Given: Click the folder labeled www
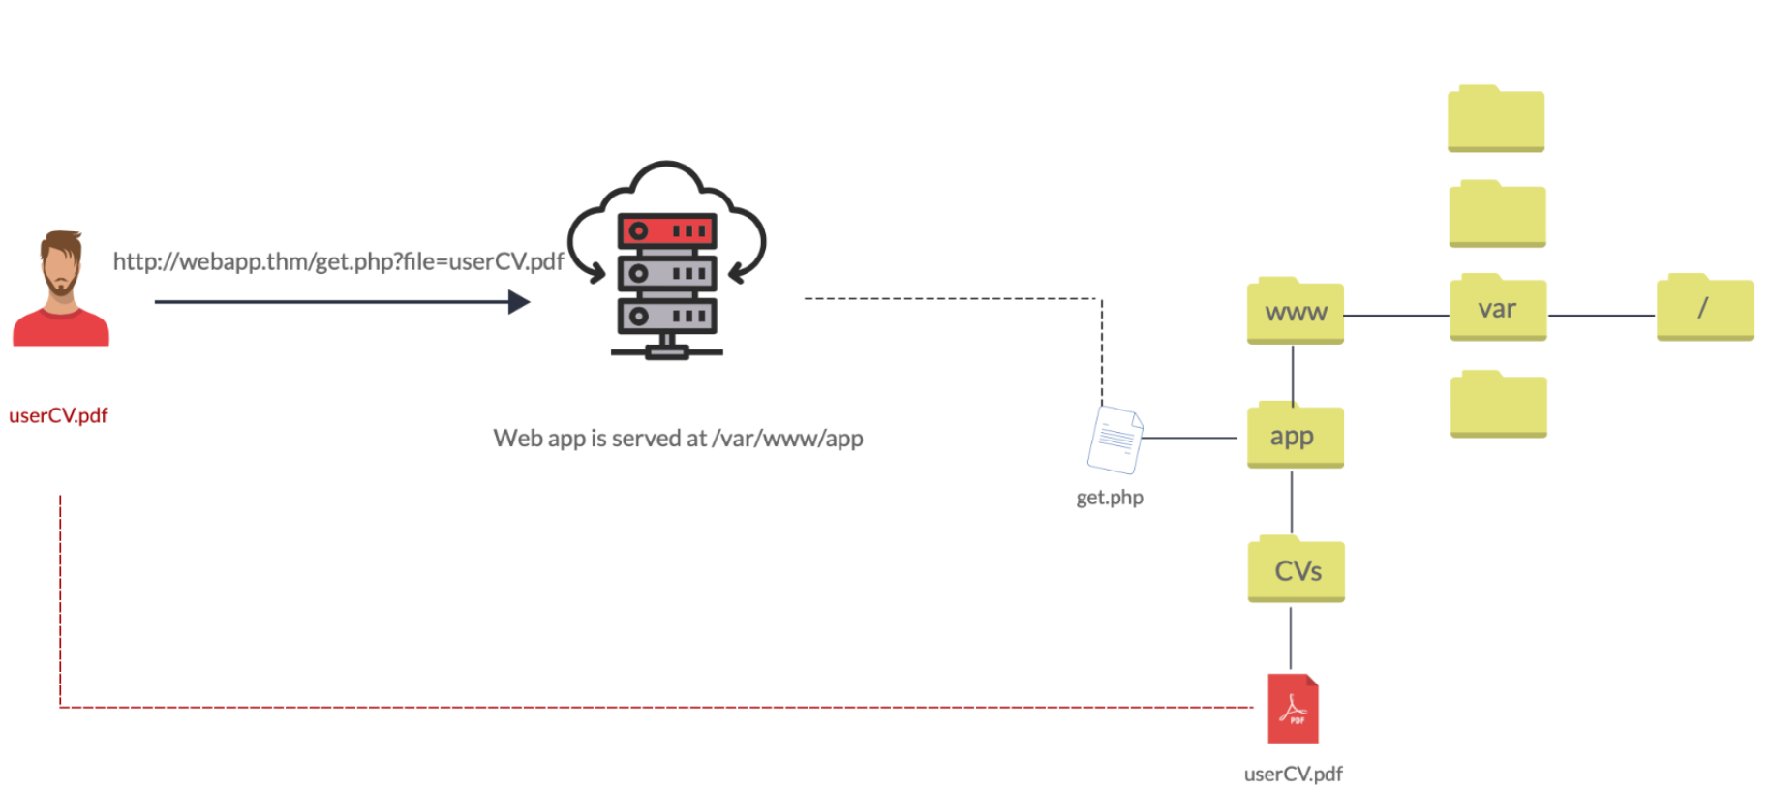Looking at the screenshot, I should (x=1295, y=312).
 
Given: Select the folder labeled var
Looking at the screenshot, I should (x=1497, y=309).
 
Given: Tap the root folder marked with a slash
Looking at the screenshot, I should (x=1704, y=309).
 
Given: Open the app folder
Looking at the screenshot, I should (x=1295, y=437).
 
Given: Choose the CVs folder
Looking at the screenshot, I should (x=1296, y=570).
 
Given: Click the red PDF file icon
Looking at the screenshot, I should (x=1293, y=709).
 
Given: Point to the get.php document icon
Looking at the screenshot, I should (x=1115, y=440).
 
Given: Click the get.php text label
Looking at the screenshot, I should (x=1110, y=498).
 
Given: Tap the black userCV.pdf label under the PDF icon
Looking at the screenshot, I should (x=1293, y=774).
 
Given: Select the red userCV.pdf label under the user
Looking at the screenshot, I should (x=58, y=415).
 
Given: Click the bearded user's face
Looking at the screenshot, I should (x=62, y=264).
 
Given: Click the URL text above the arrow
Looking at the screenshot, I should (x=338, y=261).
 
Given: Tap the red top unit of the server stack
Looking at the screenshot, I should (x=667, y=230).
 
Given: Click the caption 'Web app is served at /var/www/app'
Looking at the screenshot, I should (x=678, y=439).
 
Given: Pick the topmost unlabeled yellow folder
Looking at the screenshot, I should (x=1496, y=120).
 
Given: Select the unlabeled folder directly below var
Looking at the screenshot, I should (x=1498, y=405).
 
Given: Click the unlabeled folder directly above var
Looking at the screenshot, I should (x=1497, y=215).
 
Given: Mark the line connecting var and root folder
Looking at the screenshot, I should (x=1601, y=316).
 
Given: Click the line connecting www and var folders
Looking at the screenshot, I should (x=1396, y=316).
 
